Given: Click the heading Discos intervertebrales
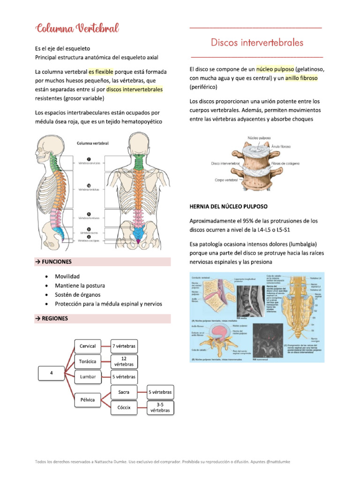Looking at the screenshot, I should (256, 43).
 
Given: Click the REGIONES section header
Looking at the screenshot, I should (53, 318).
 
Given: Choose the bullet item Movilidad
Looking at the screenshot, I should (67, 276).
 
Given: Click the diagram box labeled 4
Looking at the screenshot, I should (51, 374).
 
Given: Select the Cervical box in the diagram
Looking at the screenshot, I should (88, 346).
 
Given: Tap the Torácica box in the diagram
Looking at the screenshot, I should (88, 361).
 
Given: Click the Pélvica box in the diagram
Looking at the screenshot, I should (88, 400).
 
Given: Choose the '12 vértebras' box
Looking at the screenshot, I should (124, 361).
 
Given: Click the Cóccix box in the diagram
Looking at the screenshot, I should (124, 407).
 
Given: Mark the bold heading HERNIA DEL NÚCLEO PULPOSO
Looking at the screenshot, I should (228, 206).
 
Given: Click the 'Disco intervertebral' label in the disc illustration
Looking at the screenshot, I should (225, 164).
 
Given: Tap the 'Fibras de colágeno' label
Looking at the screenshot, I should (286, 164).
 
